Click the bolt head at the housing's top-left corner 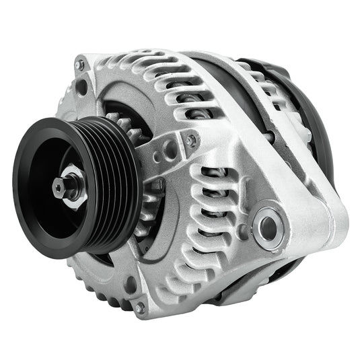click(x=80, y=65)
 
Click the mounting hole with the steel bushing click(x=268, y=228)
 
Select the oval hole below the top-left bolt click(x=82, y=86)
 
